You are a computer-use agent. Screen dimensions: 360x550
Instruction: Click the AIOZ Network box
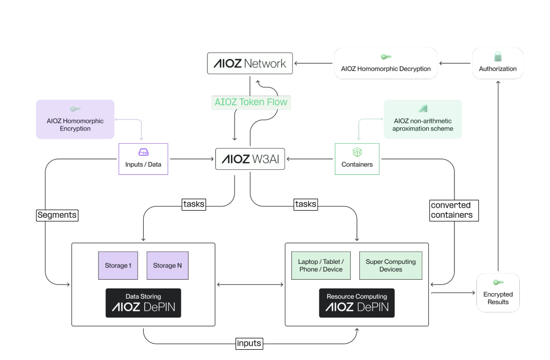click(x=250, y=64)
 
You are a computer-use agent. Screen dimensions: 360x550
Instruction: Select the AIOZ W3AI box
click(x=250, y=159)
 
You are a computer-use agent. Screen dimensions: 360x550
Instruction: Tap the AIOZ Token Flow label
click(x=250, y=102)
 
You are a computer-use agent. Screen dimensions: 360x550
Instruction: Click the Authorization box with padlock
click(x=497, y=63)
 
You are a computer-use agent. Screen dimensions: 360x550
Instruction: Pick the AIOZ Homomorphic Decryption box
click(x=386, y=63)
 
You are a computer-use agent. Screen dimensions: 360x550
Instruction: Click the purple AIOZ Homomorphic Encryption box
click(x=75, y=119)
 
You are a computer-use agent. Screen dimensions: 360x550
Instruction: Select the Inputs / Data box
click(x=143, y=159)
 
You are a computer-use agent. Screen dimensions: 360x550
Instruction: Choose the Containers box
click(x=357, y=159)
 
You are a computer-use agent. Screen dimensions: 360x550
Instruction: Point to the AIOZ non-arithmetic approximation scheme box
click(x=423, y=119)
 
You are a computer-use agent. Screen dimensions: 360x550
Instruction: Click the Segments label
click(x=57, y=215)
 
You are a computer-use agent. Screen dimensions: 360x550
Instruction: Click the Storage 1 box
click(x=118, y=265)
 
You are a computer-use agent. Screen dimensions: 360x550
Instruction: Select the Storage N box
click(x=168, y=265)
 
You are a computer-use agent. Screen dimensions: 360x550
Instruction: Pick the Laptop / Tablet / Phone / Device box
click(x=321, y=265)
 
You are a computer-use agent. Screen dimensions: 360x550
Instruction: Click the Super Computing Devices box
click(x=391, y=265)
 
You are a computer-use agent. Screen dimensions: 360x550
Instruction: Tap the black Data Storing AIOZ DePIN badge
click(x=143, y=303)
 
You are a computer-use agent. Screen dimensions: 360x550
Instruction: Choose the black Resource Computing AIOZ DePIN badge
click(x=357, y=303)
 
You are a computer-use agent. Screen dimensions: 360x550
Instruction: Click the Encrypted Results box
click(x=498, y=293)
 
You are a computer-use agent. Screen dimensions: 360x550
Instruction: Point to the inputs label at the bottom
click(x=249, y=343)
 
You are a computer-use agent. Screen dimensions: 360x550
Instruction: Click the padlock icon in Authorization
click(x=498, y=56)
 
